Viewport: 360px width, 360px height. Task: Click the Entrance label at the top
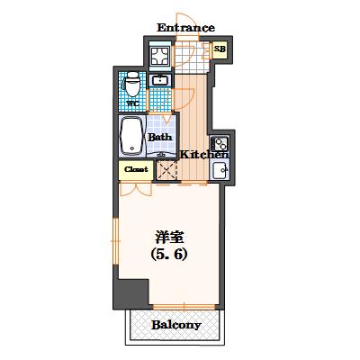(186, 27)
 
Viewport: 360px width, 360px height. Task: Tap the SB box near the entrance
(220, 50)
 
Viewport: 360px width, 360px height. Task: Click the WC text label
(131, 103)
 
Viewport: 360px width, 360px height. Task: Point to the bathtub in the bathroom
(131, 138)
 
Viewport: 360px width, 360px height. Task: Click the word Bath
(160, 137)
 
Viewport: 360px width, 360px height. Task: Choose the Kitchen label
(204, 155)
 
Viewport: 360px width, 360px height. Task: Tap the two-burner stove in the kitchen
(219, 143)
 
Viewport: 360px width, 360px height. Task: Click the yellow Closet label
(135, 168)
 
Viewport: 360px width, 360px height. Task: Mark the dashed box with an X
(166, 169)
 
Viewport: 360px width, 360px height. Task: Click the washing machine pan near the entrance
(161, 56)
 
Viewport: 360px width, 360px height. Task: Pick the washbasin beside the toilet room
(162, 83)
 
